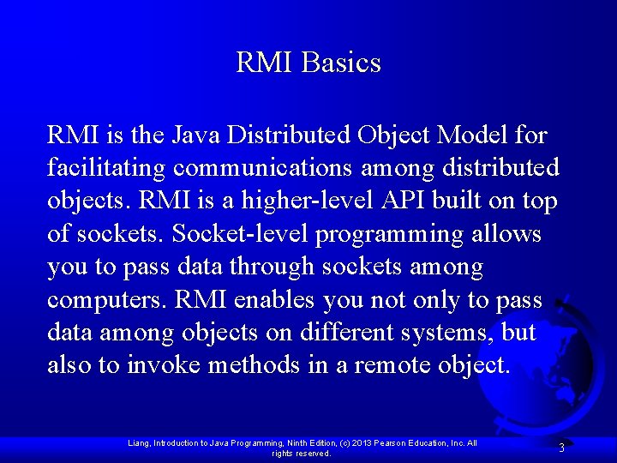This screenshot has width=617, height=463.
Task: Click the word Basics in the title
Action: click(341, 63)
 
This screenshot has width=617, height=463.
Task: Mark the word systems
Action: click(445, 333)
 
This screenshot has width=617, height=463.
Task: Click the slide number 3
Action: click(561, 448)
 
